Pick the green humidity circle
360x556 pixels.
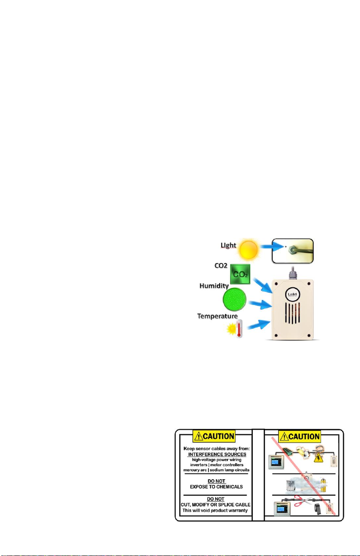coord(234,300)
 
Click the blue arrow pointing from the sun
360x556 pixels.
coord(271,248)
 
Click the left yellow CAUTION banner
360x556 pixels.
coord(214,437)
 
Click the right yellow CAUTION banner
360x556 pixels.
coord(300,437)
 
